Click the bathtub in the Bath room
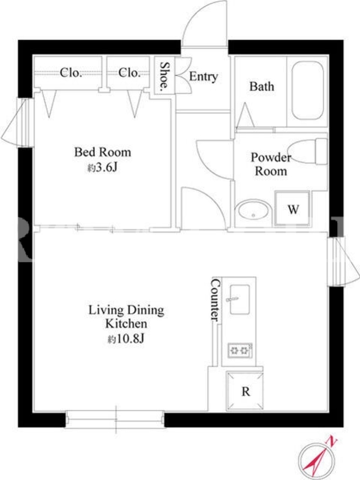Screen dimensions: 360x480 coord(307,91)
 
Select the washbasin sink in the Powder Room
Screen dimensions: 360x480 coord(253,209)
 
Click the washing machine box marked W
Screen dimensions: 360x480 coord(292,209)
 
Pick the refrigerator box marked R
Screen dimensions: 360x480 coord(245,391)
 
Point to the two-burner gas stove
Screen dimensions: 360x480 coord(240,350)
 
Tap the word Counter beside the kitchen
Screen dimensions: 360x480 coord(215,299)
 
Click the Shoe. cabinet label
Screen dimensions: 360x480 coord(164,75)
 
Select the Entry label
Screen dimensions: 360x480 coord(203,76)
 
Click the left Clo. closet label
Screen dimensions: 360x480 coord(71,73)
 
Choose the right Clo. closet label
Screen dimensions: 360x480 coord(129,73)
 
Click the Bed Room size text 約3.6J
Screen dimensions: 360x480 coord(103,167)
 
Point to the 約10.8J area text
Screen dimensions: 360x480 coord(126,339)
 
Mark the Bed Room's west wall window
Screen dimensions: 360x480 coord(19,122)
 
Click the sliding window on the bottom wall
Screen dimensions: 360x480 coord(115,419)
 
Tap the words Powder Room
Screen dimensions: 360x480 coord(271,164)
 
